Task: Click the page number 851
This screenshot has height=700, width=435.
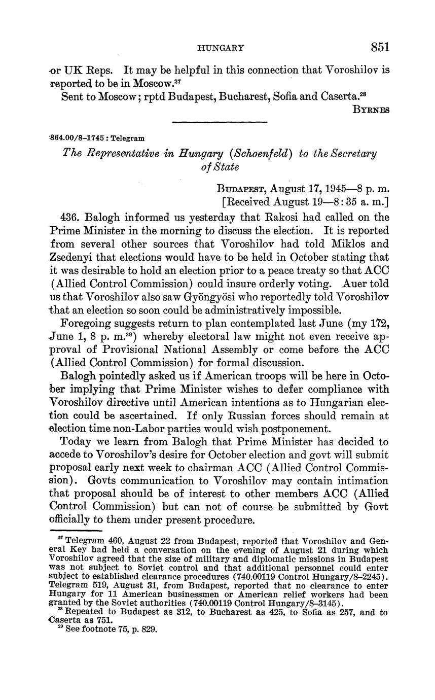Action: [380, 47]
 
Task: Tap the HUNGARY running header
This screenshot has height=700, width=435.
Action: [221, 48]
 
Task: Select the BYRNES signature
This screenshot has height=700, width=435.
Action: [371, 110]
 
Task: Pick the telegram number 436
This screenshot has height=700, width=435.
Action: [69, 217]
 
